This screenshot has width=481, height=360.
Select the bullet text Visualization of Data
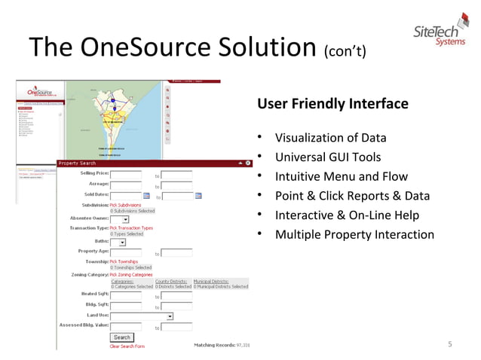[x=330, y=138]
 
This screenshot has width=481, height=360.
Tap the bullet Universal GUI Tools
[x=327, y=157]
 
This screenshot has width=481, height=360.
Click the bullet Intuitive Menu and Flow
[x=341, y=177]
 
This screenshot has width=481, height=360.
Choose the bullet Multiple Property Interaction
[x=354, y=235]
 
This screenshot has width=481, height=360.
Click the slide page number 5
[x=449, y=345]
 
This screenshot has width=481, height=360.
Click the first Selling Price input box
[x=125, y=175]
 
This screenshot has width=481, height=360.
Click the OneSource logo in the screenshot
[x=39, y=92]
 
